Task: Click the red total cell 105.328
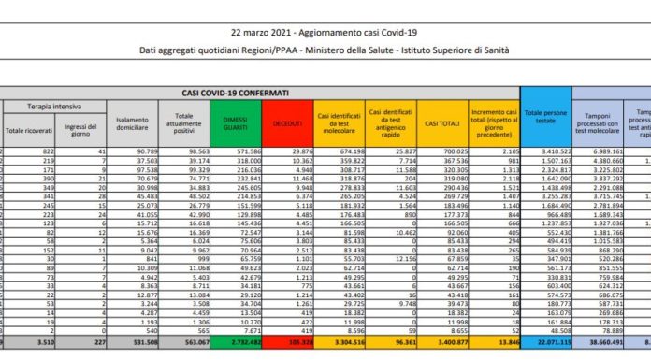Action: point(294,342)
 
